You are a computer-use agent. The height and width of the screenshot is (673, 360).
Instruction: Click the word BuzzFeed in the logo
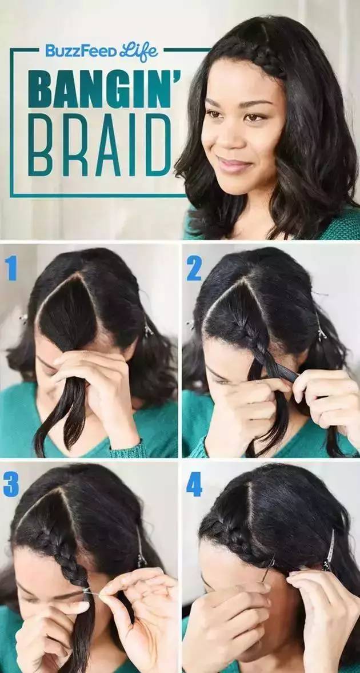(81, 51)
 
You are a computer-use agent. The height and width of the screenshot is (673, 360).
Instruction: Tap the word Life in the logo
(139, 51)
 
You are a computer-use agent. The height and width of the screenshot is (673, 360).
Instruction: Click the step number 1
(11, 268)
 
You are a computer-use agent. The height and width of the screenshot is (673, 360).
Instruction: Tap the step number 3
(11, 485)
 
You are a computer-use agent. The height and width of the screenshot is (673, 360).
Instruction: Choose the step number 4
(194, 485)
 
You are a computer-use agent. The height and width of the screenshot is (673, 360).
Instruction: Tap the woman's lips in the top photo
(234, 165)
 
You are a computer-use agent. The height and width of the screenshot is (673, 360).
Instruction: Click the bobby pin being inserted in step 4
(268, 569)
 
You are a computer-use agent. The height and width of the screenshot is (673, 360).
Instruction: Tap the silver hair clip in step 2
(321, 326)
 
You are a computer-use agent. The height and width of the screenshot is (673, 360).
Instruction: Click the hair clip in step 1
(148, 329)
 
